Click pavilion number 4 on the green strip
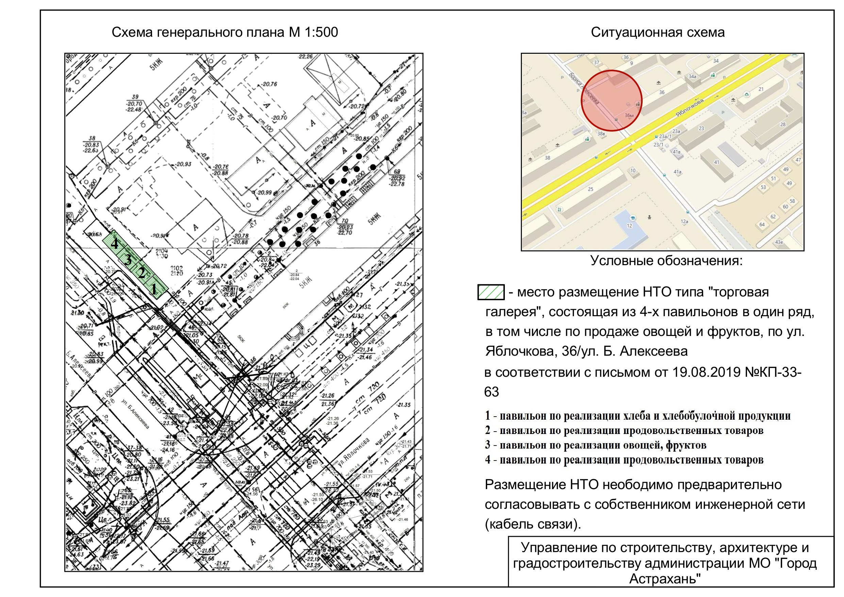coord(114,243)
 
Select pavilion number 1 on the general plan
coord(154,288)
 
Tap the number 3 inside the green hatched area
coord(128,260)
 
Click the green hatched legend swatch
coord(491,292)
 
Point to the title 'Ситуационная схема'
coord(658,32)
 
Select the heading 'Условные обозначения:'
coord(666,261)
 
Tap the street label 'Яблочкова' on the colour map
coord(690,108)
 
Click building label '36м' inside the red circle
coord(629,115)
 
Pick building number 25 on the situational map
coord(590,189)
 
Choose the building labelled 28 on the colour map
coord(783,124)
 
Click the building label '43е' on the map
coord(779,242)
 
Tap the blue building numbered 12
coord(629,225)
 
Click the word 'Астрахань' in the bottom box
coord(665,579)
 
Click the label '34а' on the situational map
coord(692,77)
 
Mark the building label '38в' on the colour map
coord(601,133)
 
